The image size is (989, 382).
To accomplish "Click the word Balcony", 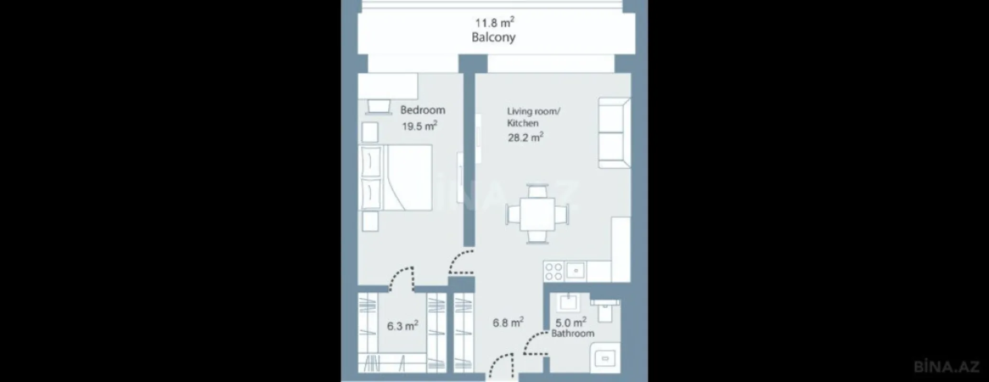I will click(x=493, y=38).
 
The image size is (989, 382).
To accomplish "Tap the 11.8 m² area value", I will click(x=494, y=22).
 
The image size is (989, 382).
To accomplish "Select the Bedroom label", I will click(x=423, y=110).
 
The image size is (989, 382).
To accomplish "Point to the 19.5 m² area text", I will click(x=420, y=126).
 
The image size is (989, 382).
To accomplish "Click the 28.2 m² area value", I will click(x=525, y=138).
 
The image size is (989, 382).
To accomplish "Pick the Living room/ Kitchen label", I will click(x=533, y=117).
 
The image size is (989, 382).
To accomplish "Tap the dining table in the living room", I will click(x=538, y=214).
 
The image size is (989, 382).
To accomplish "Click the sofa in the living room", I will click(x=614, y=133).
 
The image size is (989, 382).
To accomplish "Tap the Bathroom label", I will click(x=573, y=333).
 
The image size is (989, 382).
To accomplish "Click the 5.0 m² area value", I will click(x=571, y=322).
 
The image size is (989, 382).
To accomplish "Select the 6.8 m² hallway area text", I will click(x=508, y=323).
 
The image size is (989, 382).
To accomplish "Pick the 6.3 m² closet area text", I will click(x=402, y=326).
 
